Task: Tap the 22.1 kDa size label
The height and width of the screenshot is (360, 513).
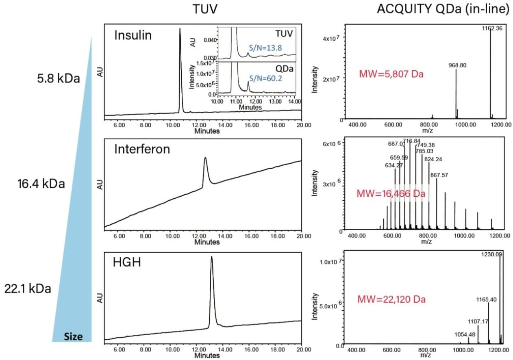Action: (28, 289)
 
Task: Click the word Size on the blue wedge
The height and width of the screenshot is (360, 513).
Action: (74, 337)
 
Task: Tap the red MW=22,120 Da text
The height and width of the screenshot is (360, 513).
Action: (391, 300)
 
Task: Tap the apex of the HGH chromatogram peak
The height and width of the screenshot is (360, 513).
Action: (211, 257)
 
